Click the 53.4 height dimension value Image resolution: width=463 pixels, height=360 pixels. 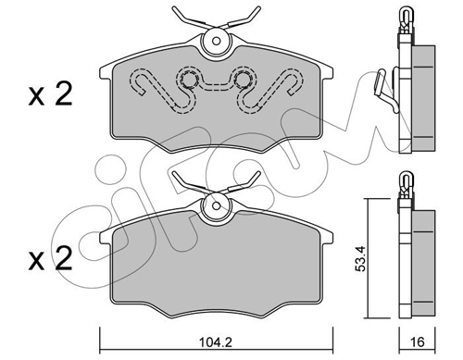point(360,258)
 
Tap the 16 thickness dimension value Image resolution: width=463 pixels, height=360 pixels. point(418,341)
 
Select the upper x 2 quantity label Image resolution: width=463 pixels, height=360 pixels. point(50,94)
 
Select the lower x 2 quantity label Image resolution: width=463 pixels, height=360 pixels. point(50,259)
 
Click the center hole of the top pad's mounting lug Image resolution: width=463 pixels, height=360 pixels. point(217,41)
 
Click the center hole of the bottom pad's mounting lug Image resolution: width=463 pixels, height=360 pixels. point(217,205)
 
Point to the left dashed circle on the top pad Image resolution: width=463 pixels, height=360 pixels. point(189,81)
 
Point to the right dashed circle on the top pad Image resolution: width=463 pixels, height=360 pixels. point(243,81)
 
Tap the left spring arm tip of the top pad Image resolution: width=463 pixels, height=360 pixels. point(175,8)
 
